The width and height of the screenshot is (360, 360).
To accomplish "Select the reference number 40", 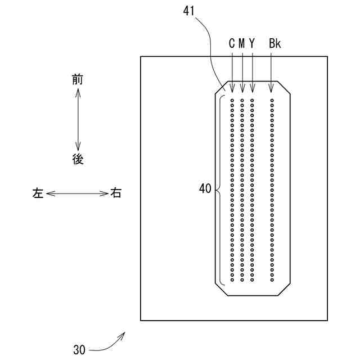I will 205,190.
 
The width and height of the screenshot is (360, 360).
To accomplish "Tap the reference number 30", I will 79,349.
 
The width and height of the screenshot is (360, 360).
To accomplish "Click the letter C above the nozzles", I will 232,43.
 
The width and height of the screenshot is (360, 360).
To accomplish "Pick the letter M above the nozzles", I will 242,43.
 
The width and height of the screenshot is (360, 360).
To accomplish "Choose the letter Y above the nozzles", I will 252,43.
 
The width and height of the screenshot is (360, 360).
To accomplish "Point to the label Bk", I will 274,43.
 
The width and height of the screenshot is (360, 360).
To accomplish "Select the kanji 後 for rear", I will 78,159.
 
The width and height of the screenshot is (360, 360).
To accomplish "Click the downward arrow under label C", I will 232,70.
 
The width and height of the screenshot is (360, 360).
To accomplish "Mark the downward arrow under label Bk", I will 272,70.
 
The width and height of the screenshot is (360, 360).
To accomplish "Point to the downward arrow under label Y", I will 252,70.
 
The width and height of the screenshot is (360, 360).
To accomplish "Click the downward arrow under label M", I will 242,70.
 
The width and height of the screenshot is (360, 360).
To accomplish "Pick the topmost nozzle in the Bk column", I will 272,101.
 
